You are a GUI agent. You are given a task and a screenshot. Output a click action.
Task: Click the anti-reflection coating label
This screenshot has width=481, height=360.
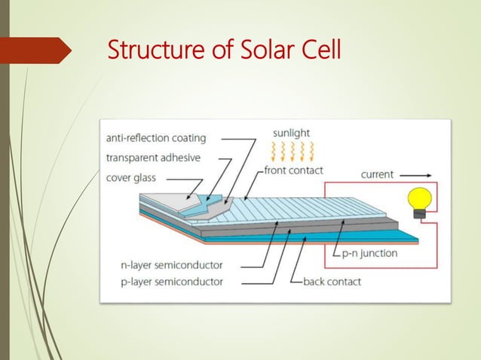(156, 138)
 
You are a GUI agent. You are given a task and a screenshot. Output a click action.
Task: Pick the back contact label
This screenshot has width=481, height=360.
(332, 282)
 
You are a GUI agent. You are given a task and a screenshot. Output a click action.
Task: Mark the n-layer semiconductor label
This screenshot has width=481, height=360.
(172, 265)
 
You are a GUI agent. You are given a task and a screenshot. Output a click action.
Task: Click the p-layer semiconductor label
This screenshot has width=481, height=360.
(172, 282)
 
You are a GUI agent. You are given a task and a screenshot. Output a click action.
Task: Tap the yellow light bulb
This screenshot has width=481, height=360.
(419, 199)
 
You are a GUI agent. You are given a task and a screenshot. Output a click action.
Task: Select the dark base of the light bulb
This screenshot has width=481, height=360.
(419, 214)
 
